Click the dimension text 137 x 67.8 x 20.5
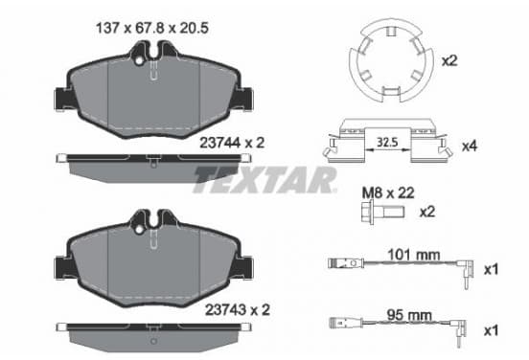pyautogui.click(x=152, y=28)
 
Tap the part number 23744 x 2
pyautogui.click(x=232, y=143)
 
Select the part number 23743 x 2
pyautogui.click(x=238, y=310)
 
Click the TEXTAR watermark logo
pyautogui.click(x=264, y=179)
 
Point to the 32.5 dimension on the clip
pyautogui.click(x=387, y=143)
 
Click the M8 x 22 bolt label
pyautogui.click(x=388, y=193)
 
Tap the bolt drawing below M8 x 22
pyautogui.click(x=382, y=212)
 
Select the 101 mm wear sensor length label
pyautogui.click(x=414, y=255)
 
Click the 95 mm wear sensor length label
pyautogui.click(x=409, y=315)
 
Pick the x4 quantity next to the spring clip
pyautogui.click(x=470, y=146)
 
